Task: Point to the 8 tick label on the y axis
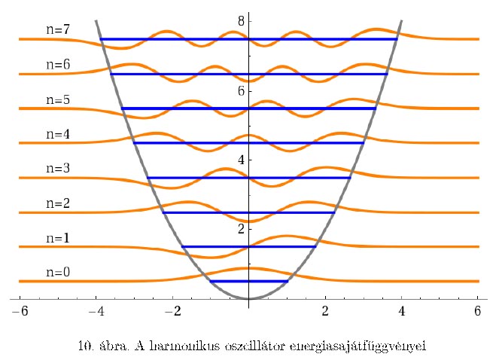[241, 21]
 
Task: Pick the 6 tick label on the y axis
[241, 90]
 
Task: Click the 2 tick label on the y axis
[241, 228]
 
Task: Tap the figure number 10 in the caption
[84, 346]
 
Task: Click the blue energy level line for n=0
[249, 281]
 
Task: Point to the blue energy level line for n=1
[249, 246]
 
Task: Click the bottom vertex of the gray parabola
[249, 299]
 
